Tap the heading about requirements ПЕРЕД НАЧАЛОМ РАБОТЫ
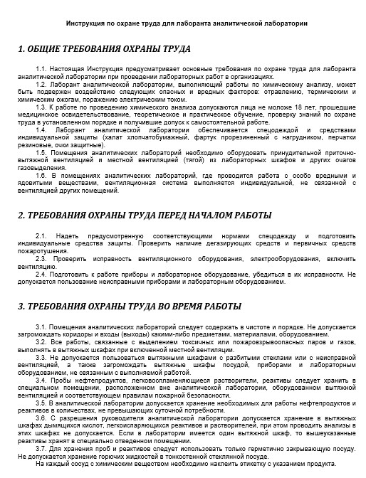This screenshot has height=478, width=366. tap(145, 215)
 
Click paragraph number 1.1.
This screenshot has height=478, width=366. tap(41, 68)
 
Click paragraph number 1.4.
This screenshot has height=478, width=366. tap(41, 130)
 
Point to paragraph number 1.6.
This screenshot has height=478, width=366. tap(41, 175)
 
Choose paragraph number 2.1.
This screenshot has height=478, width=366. tap(41, 235)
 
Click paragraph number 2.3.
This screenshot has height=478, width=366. tap(41, 258)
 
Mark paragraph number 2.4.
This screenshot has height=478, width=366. tap(41, 273)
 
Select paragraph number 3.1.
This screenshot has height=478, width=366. tap(41, 326)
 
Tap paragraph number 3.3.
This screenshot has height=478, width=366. tap(41, 358)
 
